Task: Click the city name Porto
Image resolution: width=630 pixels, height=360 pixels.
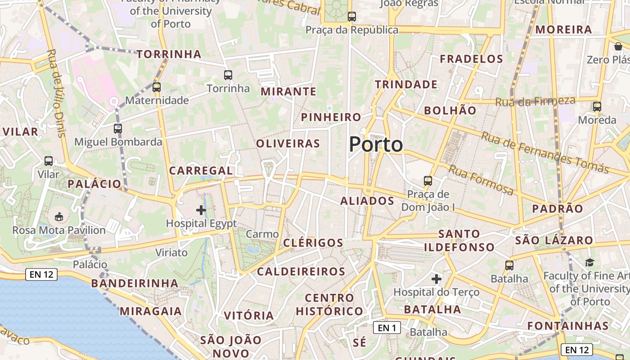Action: pyautogui.click(x=376, y=144)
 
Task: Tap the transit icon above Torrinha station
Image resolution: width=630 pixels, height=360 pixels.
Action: pyautogui.click(x=228, y=75)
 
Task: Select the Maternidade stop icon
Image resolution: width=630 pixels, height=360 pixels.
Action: pyautogui.click(x=157, y=87)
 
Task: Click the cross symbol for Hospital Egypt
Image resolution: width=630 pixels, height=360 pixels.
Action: pyautogui.click(x=201, y=210)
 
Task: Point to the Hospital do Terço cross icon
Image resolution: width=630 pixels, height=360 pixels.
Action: pyautogui.click(x=436, y=279)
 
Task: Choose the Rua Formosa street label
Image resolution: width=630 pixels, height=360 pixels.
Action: pyautogui.click(x=481, y=180)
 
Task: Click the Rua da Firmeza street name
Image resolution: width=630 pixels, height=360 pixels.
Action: pyautogui.click(x=535, y=101)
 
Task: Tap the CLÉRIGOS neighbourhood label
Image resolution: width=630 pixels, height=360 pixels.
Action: pyautogui.click(x=313, y=243)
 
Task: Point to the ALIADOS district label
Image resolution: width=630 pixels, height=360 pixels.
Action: pyautogui.click(x=367, y=201)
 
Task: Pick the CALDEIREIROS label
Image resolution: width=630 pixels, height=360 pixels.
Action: pyautogui.click(x=301, y=271)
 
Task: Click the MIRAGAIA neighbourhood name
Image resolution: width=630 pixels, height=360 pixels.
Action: pyautogui.click(x=151, y=311)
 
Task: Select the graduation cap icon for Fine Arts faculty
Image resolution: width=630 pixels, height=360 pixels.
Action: pyautogui.click(x=589, y=262)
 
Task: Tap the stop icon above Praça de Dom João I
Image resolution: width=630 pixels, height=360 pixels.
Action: pyautogui.click(x=427, y=181)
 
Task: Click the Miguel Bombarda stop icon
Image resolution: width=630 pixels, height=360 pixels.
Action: pyautogui.click(x=118, y=129)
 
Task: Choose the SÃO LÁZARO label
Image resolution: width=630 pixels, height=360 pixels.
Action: pyautogui.click(x=554, y=240)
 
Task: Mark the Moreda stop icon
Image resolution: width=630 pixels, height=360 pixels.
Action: pyautogui.click(x=597, y=107)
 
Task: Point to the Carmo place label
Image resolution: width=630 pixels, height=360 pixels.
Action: pyautogui.click(x=262, y=234)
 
